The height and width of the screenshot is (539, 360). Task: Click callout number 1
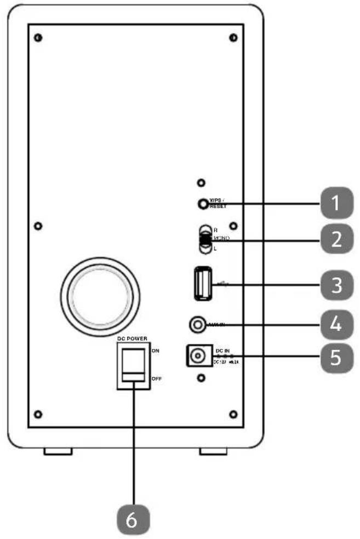coord(335,204)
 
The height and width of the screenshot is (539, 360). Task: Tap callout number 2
coord(335,239)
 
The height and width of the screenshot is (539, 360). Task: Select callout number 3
coord(335,284)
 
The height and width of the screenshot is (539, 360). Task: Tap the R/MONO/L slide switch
coord(205,239)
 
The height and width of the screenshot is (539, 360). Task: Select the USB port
coord(203,283)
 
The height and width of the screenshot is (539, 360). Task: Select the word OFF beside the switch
coord(156,379)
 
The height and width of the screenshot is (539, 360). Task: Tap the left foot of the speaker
coord(58,452)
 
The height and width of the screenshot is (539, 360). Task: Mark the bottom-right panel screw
coord(232,413)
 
